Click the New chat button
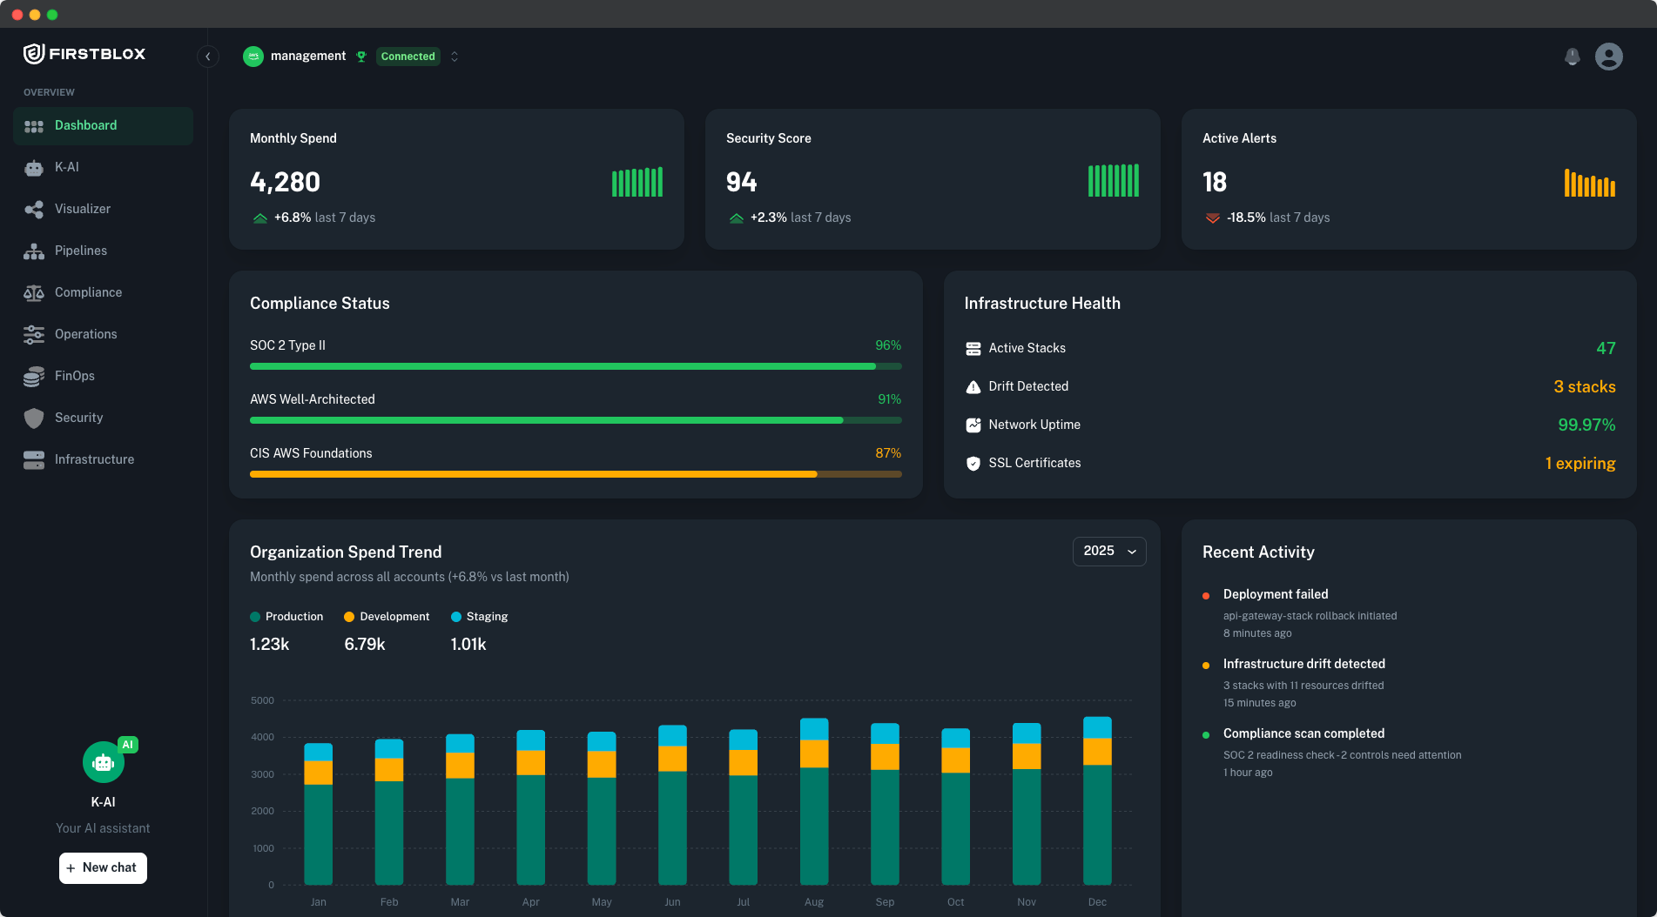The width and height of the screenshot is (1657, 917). [x=103, y=867]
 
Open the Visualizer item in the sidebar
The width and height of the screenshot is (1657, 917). [x=82, y=209]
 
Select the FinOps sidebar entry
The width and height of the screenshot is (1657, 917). [x=74, y=376]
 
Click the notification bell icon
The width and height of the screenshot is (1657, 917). [x=1572, y=57]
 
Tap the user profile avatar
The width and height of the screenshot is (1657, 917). [x=1608, y=57]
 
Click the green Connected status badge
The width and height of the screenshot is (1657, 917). [x=408, y=57]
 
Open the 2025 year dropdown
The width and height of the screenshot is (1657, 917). [x=1109, y=551]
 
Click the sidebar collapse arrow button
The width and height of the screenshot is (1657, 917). [x=207, y=57]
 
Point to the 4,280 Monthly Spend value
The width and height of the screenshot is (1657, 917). [x=285, y=182]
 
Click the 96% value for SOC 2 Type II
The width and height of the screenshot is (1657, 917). [x=887, y=345]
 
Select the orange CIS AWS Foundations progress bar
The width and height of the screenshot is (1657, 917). [x=533, y=474]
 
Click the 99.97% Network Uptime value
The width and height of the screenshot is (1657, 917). [x=1586, y=425]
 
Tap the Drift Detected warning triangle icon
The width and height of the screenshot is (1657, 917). [x=973, y=387]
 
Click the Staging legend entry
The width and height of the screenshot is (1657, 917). [x=479, y=617]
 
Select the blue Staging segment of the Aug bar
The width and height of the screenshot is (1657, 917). [x=814, y=729]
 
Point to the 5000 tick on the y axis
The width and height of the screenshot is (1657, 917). [x=262, y=700]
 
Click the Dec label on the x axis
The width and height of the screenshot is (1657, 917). [x=1097, y=902]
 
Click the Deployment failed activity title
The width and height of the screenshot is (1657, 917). [x=1275, y=594]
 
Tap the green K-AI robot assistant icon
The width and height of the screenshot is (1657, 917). [x=103, y=763]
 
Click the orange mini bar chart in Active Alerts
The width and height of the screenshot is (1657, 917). [x=1589, y=183]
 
